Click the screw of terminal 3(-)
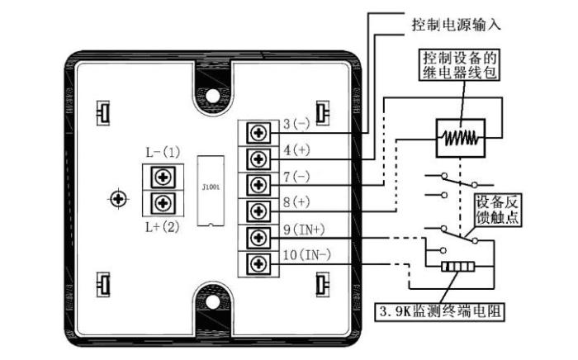coord(258,133)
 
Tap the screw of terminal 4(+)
coord(258,159)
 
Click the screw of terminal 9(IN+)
coord(258,237)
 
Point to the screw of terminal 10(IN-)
coord(258,263)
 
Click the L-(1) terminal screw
coord(162,176)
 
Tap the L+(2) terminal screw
coord(162,202)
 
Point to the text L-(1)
coord(161,153)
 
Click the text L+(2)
coord(161,225)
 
